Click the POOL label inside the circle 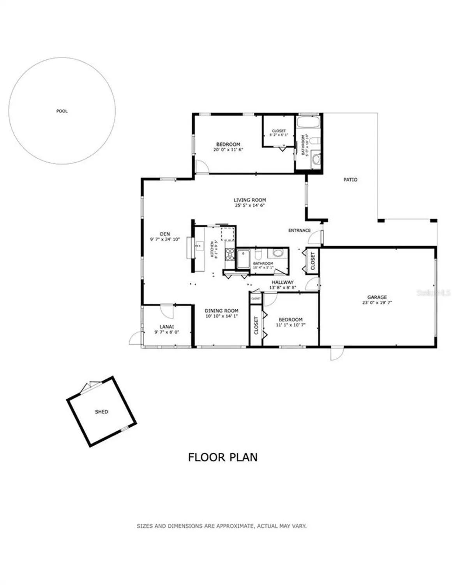62,111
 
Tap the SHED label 101,412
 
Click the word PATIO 350,180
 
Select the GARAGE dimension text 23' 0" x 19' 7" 377,302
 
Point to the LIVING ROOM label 250,200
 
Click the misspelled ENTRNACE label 299,230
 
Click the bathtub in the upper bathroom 308,122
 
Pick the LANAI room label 166,327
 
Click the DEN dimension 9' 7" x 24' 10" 165,239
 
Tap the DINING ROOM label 221,311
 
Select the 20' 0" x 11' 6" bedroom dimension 228,149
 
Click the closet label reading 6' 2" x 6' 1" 279,135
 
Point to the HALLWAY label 282,282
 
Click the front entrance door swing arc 318,236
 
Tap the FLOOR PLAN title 222,457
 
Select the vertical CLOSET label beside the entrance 313,260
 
